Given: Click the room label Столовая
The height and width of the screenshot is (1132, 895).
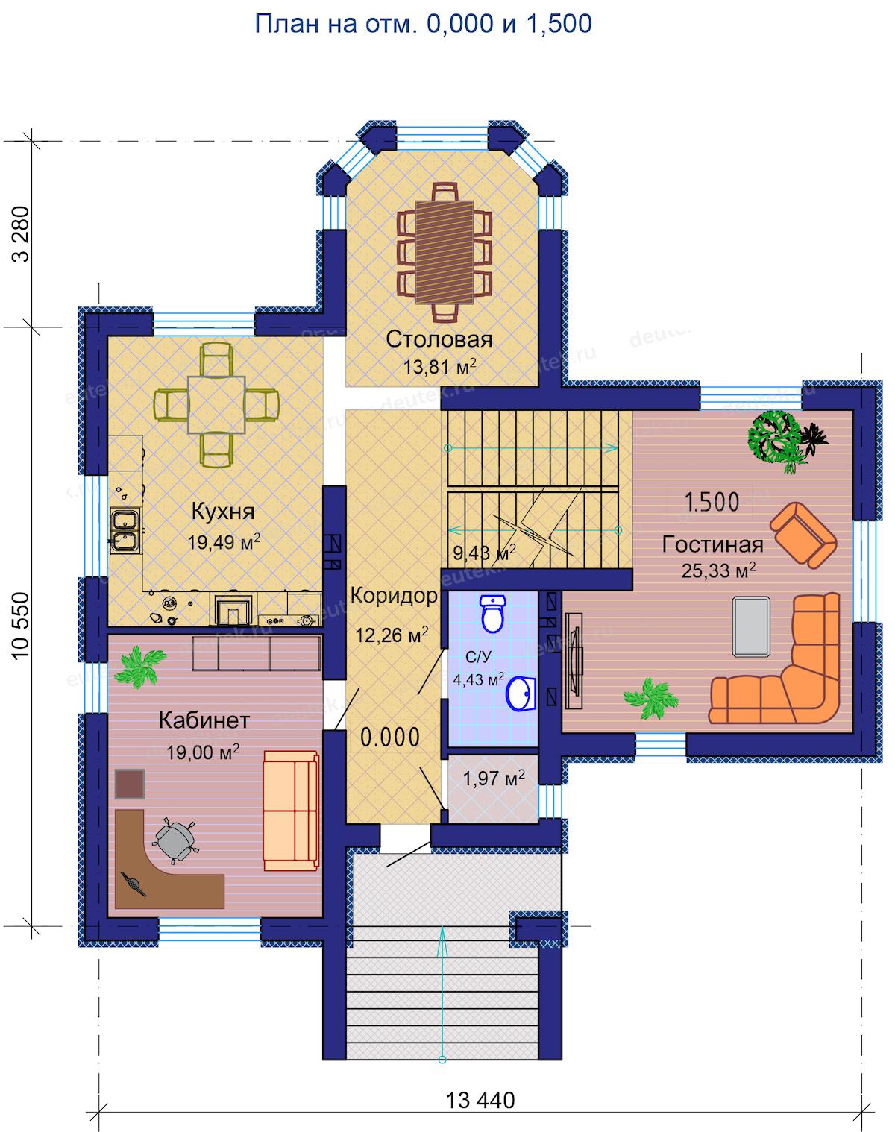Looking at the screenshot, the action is [439, 339].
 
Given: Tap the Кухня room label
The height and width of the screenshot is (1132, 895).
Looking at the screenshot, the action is [223, 512].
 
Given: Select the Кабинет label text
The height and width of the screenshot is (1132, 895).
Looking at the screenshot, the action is [204, 720].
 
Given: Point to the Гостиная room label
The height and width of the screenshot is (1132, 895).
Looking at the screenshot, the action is [712, 545].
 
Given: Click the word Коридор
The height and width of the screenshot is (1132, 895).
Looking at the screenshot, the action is [394, 596].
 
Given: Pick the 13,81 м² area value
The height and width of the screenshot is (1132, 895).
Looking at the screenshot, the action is [440, 366].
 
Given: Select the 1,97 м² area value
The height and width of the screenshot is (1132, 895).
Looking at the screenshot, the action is [494, 778].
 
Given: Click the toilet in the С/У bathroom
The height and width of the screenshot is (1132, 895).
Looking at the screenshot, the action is [493, 614].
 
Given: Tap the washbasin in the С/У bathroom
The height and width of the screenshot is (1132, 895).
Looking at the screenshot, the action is [521, 694].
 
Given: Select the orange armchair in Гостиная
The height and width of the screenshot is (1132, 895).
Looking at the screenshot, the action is [803, 535].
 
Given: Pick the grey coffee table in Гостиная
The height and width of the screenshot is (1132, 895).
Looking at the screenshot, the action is [751, 626].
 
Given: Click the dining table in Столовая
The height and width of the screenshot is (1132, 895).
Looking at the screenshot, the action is [444, 252].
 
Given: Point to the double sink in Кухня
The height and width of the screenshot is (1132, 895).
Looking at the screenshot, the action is [126, 530].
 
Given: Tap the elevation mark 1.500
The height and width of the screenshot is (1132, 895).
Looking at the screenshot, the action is [712, 503].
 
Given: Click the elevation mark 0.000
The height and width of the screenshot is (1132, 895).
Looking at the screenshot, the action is [390, 738].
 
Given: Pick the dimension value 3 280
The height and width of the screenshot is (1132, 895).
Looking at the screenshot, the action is [21, 233].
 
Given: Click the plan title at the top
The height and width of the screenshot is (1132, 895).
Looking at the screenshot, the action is [423, 24].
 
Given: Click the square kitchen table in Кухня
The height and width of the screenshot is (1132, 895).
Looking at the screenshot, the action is [216, 404].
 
